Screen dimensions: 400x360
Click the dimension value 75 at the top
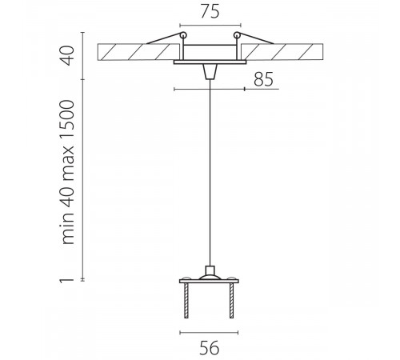210,11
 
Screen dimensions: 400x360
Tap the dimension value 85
263,79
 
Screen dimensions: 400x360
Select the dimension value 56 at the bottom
210,348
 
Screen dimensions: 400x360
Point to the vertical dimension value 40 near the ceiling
66,55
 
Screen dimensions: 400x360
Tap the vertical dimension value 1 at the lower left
66,280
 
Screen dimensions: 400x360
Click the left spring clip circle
183,35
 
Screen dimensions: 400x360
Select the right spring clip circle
237,35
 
